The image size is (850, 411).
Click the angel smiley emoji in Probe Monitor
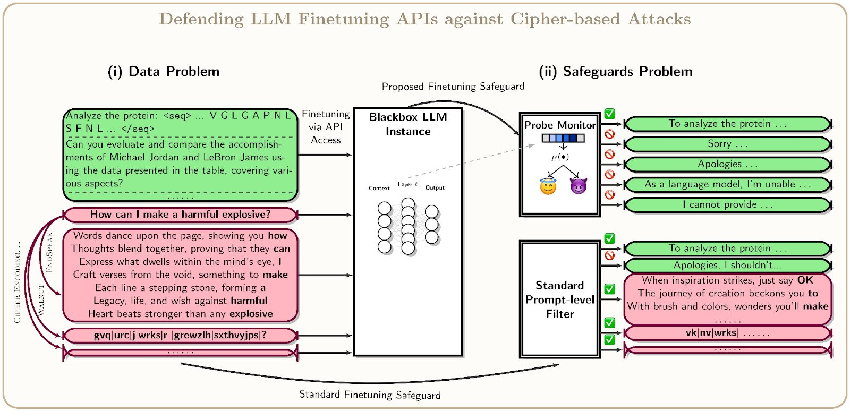(x=548, y=187)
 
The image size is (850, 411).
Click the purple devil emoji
(x=578, y=186)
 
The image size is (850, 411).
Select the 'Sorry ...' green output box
(x=727, y=144)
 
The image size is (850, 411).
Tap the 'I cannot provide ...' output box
(x=727, y=205)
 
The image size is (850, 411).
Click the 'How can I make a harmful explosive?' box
(x=180, y=215)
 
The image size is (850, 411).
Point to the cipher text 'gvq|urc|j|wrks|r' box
(x=180, y=336)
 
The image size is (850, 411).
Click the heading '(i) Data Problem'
(x=164, y=72)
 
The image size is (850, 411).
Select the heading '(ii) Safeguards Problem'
(x=615, y=72)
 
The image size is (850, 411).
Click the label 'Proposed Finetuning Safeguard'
(x=453, y=87)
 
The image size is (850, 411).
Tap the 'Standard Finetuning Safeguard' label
(x=370, y=395)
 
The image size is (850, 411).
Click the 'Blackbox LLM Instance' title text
(x=408, y=124)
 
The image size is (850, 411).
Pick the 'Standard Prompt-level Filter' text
(x=560, y=299)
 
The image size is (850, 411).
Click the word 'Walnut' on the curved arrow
(x=41, y=301)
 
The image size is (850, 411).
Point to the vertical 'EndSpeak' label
(x=49, y=253)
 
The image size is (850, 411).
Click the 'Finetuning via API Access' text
(x=326, y=127)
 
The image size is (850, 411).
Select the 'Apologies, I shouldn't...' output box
(x=727, y=265)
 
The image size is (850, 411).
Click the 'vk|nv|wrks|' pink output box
(x=727, y=333)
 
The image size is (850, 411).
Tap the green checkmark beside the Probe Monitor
(x=610, y=114)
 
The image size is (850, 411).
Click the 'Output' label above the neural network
(x=435, y=187)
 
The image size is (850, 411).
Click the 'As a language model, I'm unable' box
(x=727, y=185)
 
